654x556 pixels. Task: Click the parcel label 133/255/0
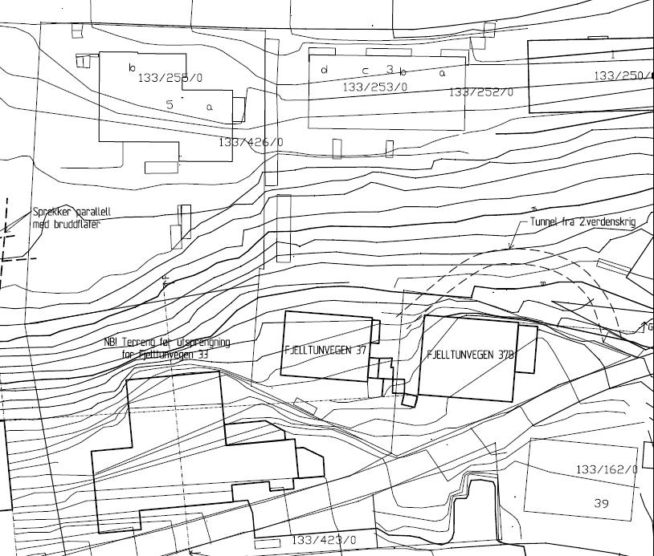171,78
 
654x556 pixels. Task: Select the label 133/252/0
480,92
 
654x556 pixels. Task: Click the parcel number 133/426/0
251,142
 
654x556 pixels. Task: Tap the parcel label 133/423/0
323,540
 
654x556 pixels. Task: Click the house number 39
602,503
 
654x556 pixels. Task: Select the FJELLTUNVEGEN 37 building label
325,350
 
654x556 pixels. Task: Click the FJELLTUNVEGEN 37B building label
470,354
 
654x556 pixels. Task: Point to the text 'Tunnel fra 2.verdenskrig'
582,222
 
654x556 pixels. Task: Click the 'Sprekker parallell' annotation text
72,213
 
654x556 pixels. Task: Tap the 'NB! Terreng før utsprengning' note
167,343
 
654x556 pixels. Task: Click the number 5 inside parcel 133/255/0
170,104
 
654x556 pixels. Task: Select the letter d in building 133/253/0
325,70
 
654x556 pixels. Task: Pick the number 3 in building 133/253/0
390,70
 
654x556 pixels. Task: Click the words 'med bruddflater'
67,224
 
